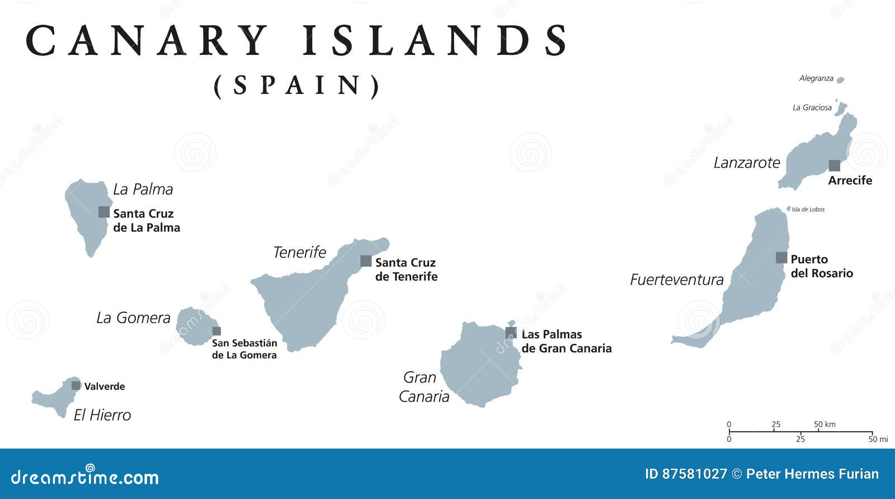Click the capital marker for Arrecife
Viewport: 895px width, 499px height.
click(834, 165)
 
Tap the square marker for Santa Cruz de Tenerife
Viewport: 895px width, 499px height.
click(366, 260)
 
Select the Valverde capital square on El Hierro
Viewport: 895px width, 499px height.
click(76, 385)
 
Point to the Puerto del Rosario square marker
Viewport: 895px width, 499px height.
click(781, 258)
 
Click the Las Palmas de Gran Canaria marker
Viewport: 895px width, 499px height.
click(511, 333)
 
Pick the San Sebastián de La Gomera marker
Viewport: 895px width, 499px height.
click(216, 331)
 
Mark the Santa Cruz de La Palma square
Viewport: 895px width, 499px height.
click(104, 212)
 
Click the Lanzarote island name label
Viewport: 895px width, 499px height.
click(747, 162)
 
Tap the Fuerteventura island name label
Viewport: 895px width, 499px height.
click(677, 279)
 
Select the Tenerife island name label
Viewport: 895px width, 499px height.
click(299, 252)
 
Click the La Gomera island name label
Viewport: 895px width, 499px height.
click(133, 318)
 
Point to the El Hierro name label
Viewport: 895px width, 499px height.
click(102, 415)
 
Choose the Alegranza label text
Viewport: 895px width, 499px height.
click(816, 78)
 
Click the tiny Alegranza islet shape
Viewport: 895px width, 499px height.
click(840, 80)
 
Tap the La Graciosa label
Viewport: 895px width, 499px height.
click(812, 108)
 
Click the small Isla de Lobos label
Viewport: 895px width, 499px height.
click(808, 209)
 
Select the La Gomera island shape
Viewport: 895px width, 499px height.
click(195, 325)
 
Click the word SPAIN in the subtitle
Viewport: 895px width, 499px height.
click(296, 85)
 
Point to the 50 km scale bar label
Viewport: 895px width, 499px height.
click(825, 424)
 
